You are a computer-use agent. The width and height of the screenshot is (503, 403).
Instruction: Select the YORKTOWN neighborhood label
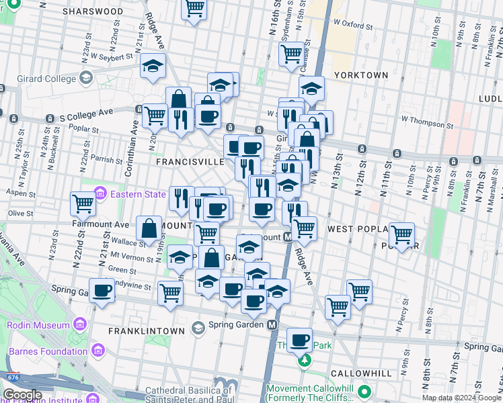[361, 75]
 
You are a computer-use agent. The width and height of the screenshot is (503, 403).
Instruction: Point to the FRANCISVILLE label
[190, 162]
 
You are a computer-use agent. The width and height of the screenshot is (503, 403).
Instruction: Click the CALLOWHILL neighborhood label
[362, 373]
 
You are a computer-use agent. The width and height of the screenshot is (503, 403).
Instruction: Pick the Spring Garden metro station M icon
[272, 324]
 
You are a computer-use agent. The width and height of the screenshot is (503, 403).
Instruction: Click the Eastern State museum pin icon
[100, 194]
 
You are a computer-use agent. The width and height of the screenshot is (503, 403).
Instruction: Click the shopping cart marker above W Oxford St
[194, 8]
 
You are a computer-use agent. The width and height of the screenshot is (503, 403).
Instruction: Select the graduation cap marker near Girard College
[153, 66]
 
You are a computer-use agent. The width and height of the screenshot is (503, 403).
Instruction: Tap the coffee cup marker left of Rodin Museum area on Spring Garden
[102, 291]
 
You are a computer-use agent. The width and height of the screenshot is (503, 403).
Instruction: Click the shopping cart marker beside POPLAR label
[401, 235]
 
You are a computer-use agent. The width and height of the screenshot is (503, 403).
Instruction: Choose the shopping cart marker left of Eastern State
[83, 203]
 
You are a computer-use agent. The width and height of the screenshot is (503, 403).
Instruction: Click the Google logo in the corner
[22, 395]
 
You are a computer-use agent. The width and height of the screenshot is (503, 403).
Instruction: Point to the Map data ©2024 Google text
[461, 398]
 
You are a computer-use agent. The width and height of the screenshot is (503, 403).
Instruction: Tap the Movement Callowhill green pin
[364, 390]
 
